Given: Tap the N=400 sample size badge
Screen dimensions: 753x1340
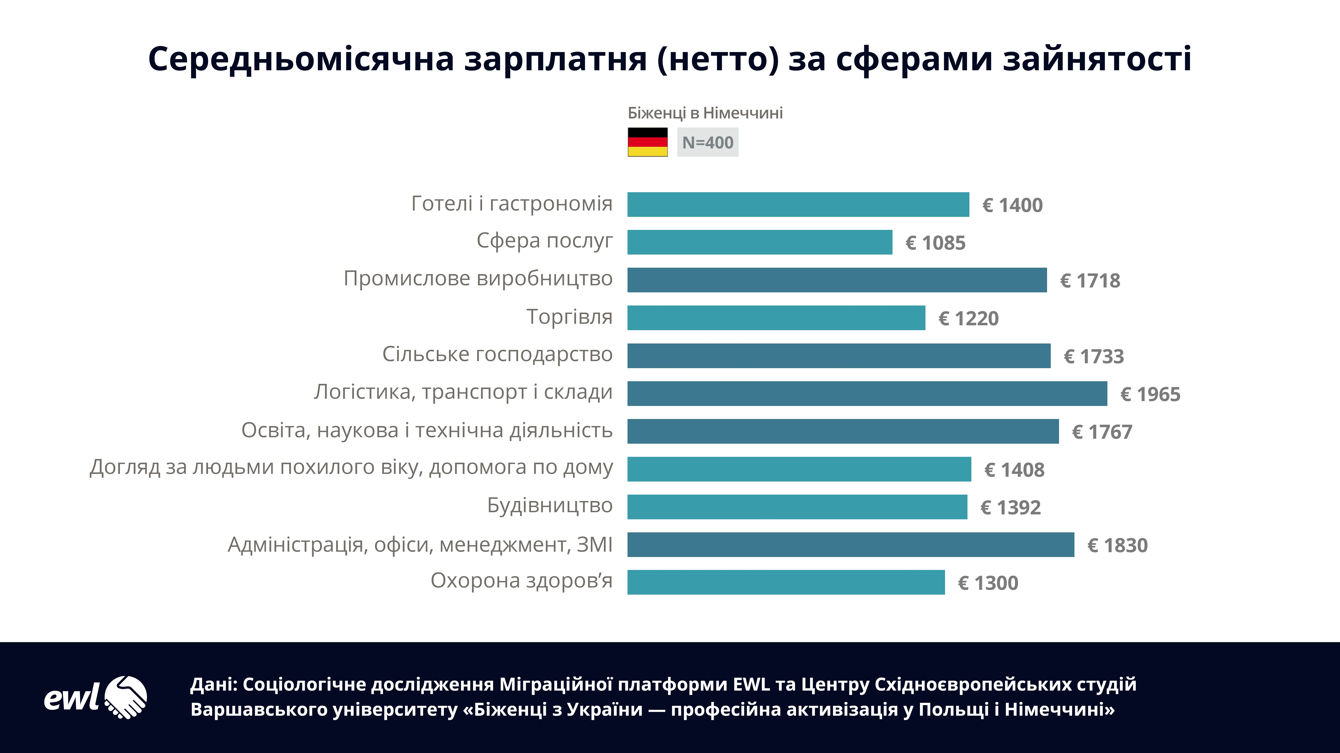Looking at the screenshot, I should click(x=708, y=142).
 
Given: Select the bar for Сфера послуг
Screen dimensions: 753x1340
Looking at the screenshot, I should click(x=759, y=242).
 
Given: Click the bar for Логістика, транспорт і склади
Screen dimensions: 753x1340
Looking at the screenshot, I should click(x=867, y=393).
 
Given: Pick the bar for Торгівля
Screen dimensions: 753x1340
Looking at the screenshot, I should click(x=776, y=318).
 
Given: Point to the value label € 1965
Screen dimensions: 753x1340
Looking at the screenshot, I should click(x=1150, y=394).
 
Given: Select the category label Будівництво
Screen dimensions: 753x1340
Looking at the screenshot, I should click(x=550, y=505).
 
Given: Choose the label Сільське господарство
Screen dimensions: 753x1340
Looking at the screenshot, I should click(x=497, y=354).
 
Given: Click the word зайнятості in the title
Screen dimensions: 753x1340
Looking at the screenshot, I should click(x=1097, y=59).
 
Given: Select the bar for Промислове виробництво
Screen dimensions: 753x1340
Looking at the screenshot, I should click(x=836, y=280).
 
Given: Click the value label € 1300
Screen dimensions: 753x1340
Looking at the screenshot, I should click(x=988, y=583).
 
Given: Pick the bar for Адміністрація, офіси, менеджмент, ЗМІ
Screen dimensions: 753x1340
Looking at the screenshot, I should click(x=851, y=545).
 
